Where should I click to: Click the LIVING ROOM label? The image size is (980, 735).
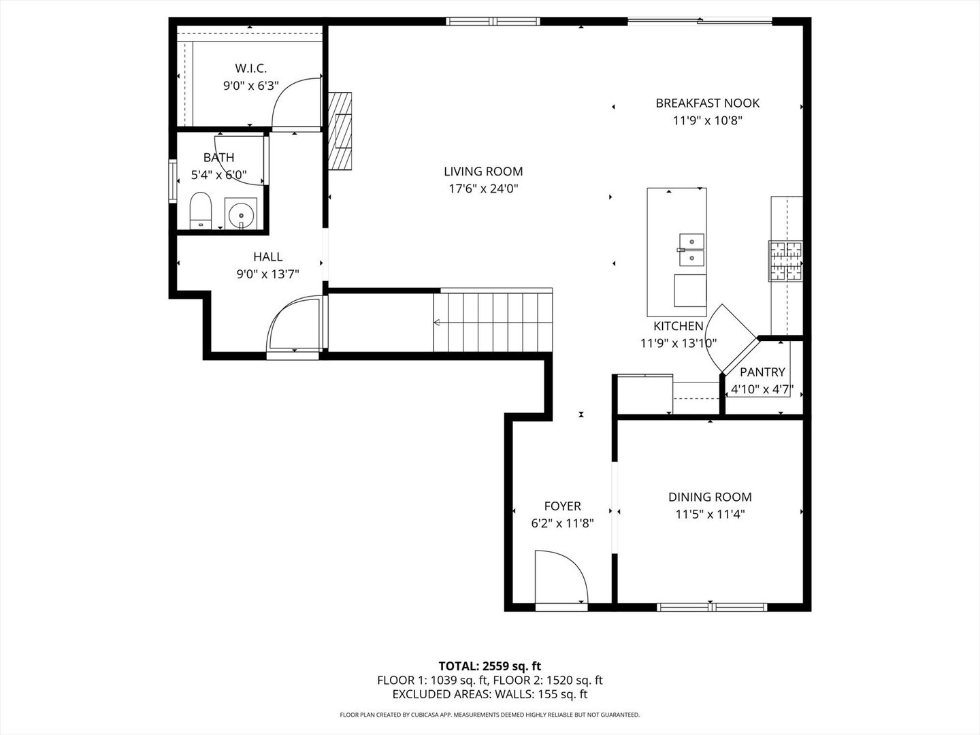coord(483,171)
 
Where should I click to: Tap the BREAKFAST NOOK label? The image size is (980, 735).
coord(707,103)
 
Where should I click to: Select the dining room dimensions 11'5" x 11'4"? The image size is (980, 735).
coord(710,515)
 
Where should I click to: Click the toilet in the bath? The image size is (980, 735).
coord(200,210)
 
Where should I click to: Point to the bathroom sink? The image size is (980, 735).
coord(241,214)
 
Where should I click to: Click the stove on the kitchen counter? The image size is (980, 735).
coord(786,261)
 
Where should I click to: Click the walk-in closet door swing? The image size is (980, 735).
coord(296,102)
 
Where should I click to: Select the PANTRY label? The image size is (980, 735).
coord(762,372)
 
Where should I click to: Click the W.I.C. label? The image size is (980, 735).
coord(250,68)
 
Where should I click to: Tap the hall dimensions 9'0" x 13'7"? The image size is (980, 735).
coord(268,274)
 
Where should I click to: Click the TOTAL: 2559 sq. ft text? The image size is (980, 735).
coord(490,666)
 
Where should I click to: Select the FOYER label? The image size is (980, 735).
coord(562,506)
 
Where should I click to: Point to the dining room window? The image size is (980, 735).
coord(711,606)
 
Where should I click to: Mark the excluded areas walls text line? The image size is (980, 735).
coord(490,695)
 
